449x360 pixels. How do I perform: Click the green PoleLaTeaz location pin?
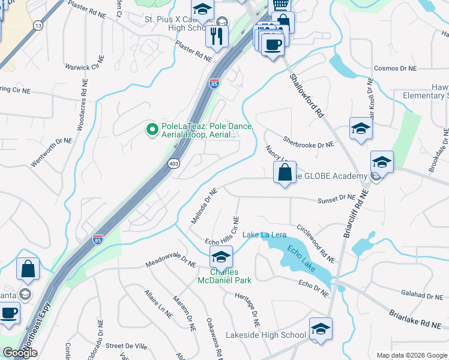click(x=152, y=128)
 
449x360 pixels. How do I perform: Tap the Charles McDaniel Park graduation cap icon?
click(x=221, y=257)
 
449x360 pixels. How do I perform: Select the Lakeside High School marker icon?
click(x=321, y=329)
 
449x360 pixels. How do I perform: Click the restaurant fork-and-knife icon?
click(x=217, y=35)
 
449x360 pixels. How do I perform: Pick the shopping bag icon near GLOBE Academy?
click(x=285, y=172)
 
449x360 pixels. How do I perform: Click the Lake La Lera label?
click(x=264, y=235)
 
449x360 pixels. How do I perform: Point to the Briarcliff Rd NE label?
click(x=355, y=214)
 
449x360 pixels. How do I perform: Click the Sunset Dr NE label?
click(x=337, y=197)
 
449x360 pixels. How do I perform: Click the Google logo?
click(x=20, y=353)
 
